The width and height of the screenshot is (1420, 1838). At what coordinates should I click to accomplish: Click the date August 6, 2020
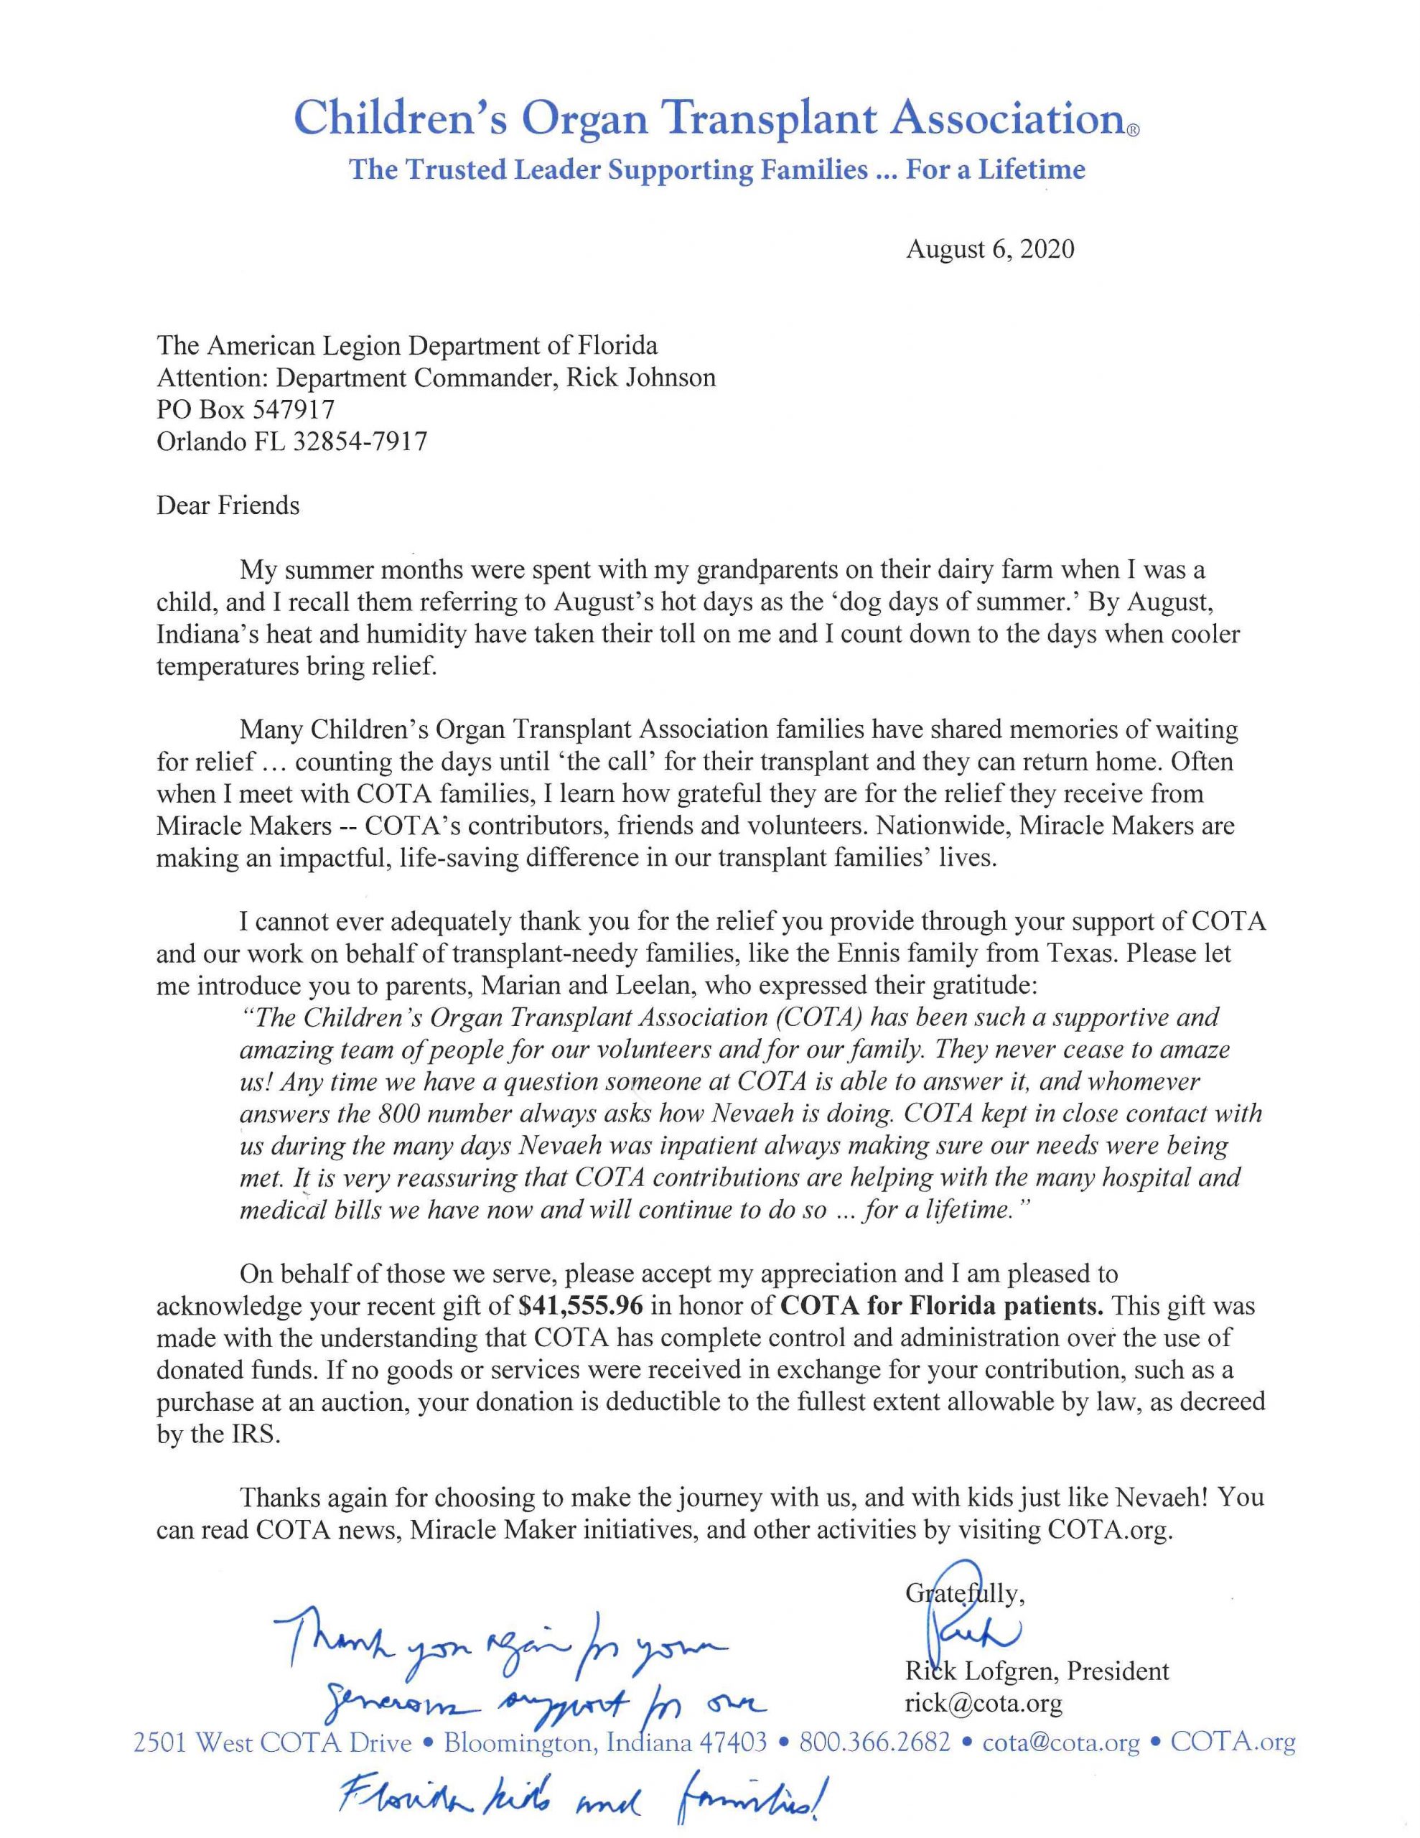pyautogui.click(x=990, y=250)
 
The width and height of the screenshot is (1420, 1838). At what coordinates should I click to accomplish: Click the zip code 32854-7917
pyautogui.click(x=360, y=441)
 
